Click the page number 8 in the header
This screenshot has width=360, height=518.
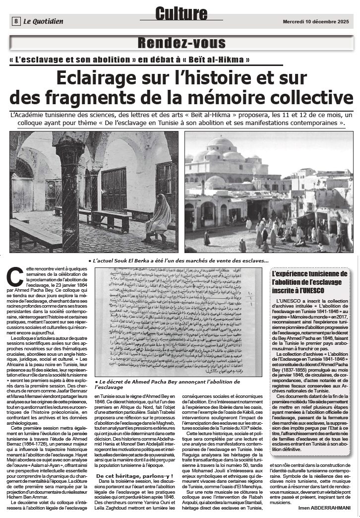coord(16,21)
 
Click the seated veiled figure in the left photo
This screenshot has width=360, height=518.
coord(159,217)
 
